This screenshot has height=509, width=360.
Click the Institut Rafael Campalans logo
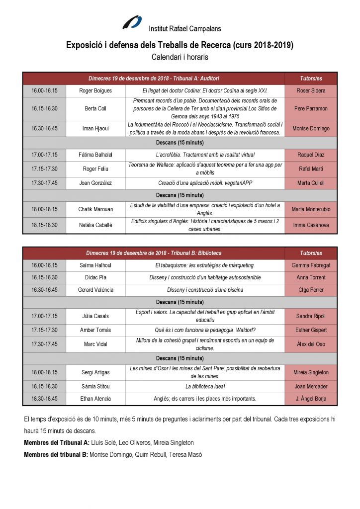point(132,23)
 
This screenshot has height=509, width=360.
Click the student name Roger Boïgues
point(95,91)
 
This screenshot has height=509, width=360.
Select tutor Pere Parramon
point(311,108)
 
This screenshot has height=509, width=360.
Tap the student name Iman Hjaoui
point(95,128)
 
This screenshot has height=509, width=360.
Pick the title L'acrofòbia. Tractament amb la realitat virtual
point(205,155)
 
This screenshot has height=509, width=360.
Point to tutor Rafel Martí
point(311,169)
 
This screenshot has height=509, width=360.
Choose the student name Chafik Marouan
point(95,209)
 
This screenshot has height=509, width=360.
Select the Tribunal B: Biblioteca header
point(154,253)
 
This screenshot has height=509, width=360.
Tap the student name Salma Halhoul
point(95,265)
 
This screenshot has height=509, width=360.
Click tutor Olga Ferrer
point(311,290)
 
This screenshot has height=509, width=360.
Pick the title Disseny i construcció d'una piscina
point(205,290)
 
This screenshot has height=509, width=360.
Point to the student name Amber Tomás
point(95,330)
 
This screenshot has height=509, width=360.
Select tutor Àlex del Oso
point(311,344)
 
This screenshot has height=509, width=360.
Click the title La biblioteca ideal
point(205,386)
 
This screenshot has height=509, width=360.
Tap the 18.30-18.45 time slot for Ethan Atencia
point(44,399)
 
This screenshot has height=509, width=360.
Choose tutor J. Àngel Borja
point(311,399)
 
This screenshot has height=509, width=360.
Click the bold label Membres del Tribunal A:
point(57,442)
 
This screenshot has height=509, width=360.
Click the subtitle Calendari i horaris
point(180,57)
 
